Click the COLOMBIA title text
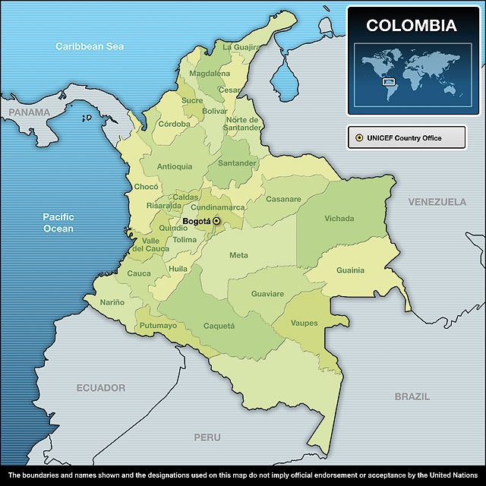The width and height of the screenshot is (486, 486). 411,26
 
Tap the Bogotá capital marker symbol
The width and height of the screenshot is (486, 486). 216,221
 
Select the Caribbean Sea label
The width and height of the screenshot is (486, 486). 89,46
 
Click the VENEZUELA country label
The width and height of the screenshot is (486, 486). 437,202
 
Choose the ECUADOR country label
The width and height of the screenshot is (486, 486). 100,388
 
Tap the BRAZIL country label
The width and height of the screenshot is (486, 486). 412,396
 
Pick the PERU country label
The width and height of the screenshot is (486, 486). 207,437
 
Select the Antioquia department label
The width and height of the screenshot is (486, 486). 174,166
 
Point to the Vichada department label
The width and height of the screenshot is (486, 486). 339,219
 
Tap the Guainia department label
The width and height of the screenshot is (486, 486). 350,270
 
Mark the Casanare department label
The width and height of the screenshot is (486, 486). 283,200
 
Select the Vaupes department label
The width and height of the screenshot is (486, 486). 304,323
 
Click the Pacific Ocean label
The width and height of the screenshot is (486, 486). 58,222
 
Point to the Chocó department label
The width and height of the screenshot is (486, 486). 146,187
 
